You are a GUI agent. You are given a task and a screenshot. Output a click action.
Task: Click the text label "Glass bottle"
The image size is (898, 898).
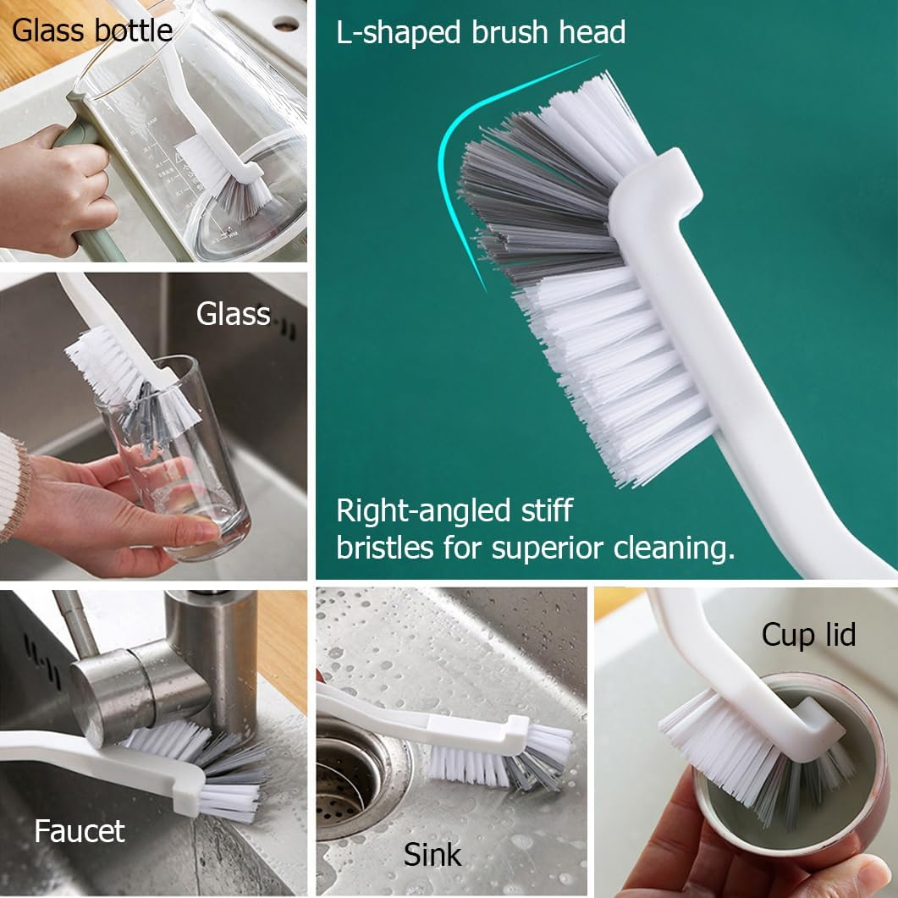tap(92, 30)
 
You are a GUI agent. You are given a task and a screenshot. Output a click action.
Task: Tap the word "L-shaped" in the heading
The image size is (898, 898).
tap(399, 32)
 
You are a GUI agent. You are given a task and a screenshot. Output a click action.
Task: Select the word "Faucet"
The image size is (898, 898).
tap(80, 831)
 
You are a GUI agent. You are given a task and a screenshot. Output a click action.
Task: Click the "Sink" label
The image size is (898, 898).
tap(432, 855)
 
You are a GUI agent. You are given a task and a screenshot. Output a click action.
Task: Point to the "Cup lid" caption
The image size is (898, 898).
tap(808, 635)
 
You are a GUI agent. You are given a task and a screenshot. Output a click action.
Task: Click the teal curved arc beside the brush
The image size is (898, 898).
tap(453, 149)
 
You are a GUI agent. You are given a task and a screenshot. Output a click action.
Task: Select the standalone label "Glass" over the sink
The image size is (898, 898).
tap(233, 314)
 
